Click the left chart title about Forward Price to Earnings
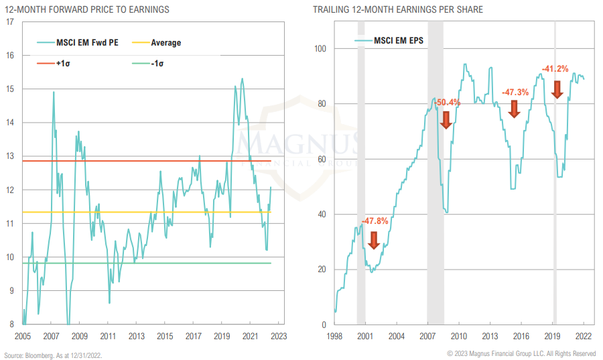click(87, 9)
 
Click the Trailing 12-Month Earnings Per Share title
click(389, 9)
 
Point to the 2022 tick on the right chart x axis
click(583, 336)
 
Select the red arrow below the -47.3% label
click(514, 109)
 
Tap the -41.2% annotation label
click(555, 68)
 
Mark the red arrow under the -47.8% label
click(373, 239)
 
